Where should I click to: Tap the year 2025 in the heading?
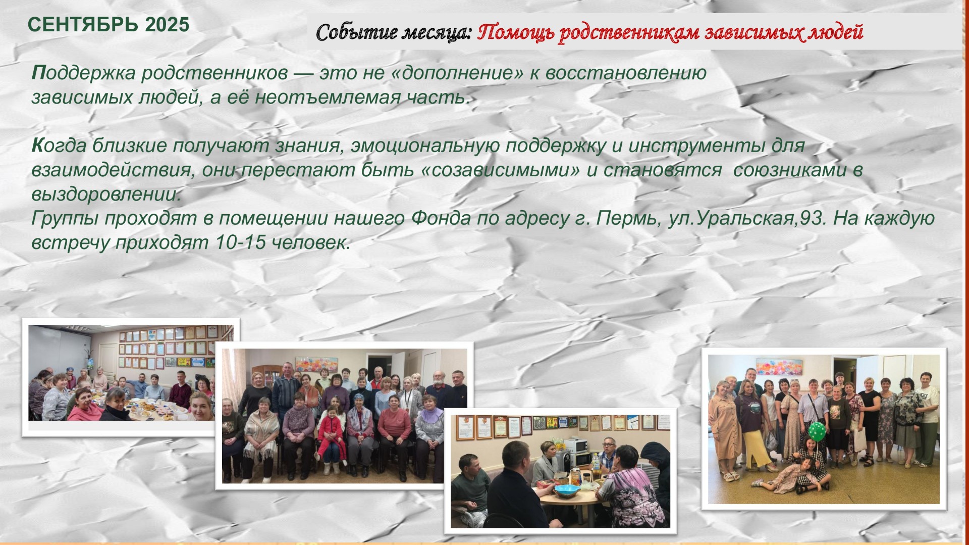point(167,25)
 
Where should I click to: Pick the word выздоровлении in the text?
point(106,194)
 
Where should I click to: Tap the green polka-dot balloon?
point(817,431)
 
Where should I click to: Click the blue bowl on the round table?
point(567,490)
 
